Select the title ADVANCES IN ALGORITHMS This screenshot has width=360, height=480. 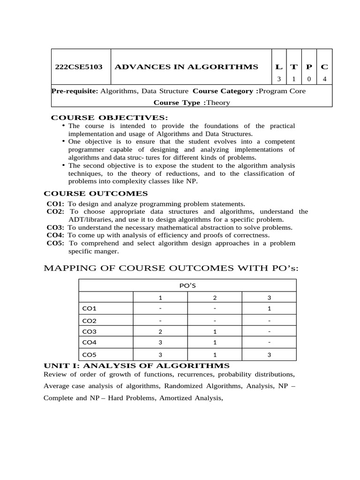click(x=187, y=67)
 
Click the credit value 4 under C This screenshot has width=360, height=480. click(x=324, y=79)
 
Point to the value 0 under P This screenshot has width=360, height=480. click(x=309, y=79)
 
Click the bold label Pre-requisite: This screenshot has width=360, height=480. click(x=75, y=91)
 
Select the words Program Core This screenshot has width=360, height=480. click(x=282, y=91)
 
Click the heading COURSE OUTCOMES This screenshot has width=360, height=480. click(x=96, y=194)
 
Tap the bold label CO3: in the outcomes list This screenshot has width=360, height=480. click(x=55, y=227)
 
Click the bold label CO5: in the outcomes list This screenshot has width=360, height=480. click(x=56, y=243)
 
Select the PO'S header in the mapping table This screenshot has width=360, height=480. click(x=187, y=285)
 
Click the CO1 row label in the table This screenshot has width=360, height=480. click(x=89, y=308)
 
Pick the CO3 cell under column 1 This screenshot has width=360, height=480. click(x=160, y=331)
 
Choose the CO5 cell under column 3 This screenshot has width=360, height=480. click(x=269, y=355)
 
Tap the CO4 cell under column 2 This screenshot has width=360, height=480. click(x=214, y=343)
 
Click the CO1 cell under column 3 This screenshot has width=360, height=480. click(x=269, y=308)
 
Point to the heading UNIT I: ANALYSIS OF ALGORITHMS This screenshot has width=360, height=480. click(x=136, y=366)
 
